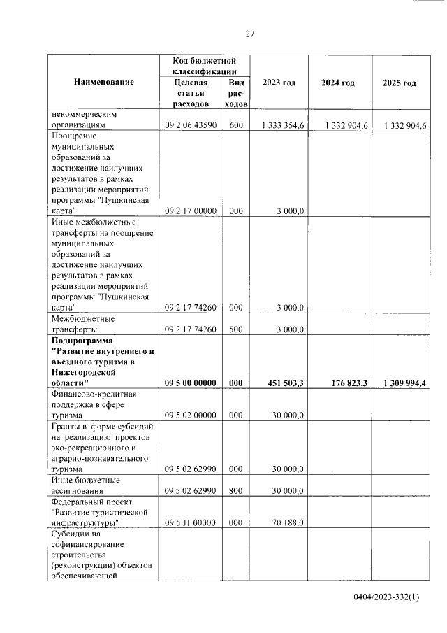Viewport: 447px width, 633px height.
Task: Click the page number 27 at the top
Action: click(x=249, y=35)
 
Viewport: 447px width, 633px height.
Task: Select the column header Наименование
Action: click(x=103, y=83)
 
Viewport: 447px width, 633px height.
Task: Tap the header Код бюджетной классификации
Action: click(x=203, y=66)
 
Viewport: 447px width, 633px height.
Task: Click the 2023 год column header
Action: click(x=279, y=83)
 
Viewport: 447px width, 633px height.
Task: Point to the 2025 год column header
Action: click(x=400, y=83)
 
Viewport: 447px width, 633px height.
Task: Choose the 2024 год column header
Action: click(x=338, y=83)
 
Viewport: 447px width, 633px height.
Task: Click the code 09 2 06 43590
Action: click(x=191, y=125)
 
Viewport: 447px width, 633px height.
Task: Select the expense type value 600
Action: click(x=235, y=125)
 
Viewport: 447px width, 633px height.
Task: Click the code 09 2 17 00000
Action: click(x=191, y=210)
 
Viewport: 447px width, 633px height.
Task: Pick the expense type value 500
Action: click(x=235, y=329)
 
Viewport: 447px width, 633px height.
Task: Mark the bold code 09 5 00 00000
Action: click(x=191, y=383)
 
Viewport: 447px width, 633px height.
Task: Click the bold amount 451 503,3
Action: click(x=286, y=383)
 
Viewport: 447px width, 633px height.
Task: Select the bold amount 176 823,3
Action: click(x=344, y=383)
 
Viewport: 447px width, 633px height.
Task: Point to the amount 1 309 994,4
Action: click(x=404, y=383)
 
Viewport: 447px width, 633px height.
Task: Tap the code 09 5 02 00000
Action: click(x=191, y=415)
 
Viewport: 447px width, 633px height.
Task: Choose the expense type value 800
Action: click(x=235, y=490)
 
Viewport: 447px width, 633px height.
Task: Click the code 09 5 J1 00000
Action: click(x=191, y=522)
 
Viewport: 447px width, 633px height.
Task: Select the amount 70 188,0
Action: click(x=288, y=522)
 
